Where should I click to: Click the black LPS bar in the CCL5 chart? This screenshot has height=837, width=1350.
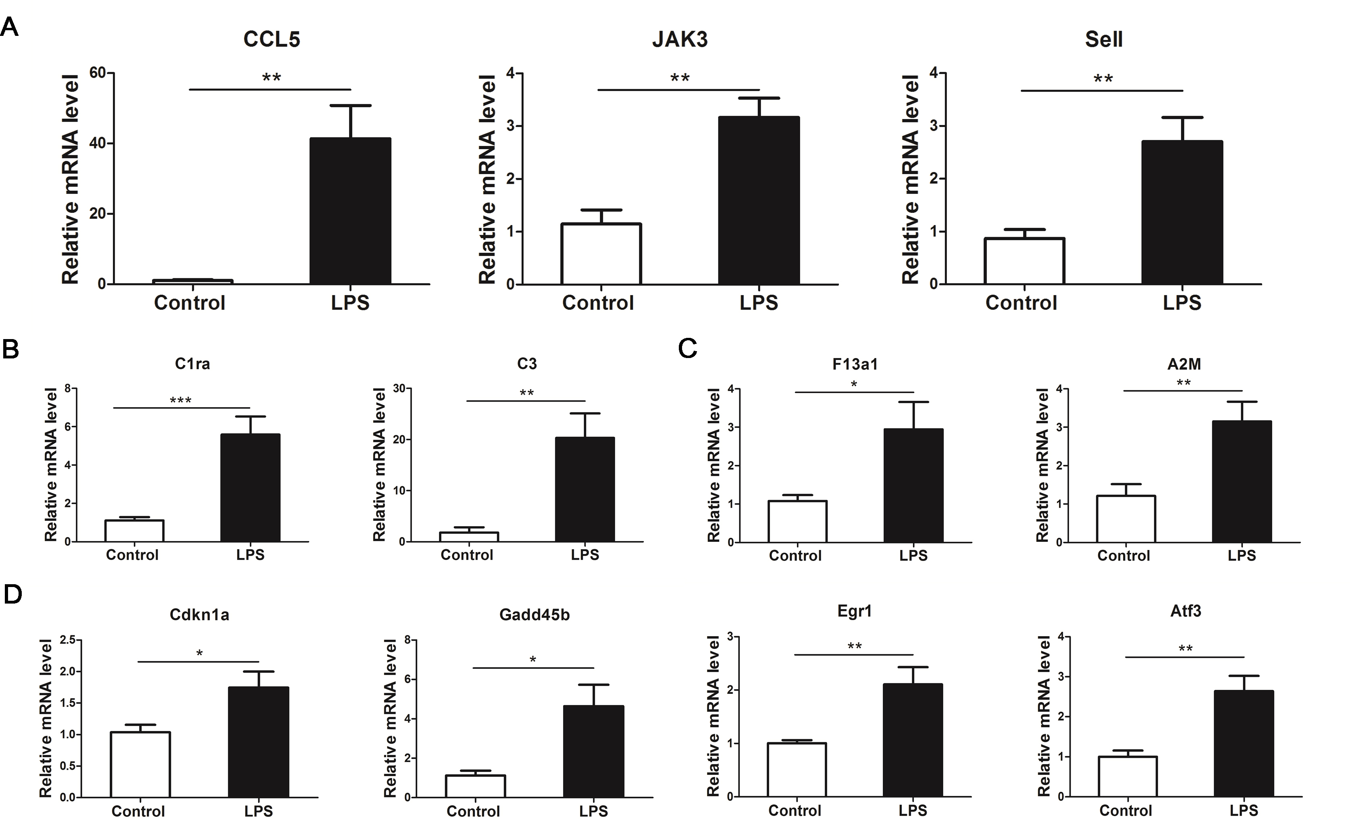[350, 211]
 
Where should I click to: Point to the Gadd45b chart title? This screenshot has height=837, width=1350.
[534, 614]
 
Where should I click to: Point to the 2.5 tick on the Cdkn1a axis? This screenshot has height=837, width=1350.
[68, 640]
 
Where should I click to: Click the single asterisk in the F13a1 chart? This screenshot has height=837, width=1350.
[854, 384]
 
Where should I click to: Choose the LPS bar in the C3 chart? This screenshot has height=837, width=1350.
[585, 489]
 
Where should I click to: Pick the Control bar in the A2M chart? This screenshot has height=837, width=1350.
[1125, 519]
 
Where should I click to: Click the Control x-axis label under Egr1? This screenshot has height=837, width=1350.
[795, 810]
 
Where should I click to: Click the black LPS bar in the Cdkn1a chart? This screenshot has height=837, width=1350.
[258, 742]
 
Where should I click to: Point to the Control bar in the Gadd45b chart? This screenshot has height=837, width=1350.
[475, 786]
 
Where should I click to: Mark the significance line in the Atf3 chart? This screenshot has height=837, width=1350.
[1184, 657]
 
